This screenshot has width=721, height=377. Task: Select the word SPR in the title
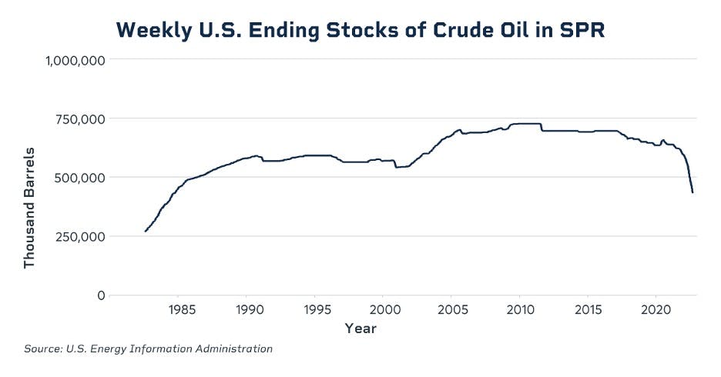[x=582, y=31]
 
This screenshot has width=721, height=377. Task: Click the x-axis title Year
[x=360, y=329]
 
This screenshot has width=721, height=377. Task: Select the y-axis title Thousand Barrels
[x=30, y=207]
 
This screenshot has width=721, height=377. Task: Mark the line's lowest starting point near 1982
[x=146, y=231]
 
